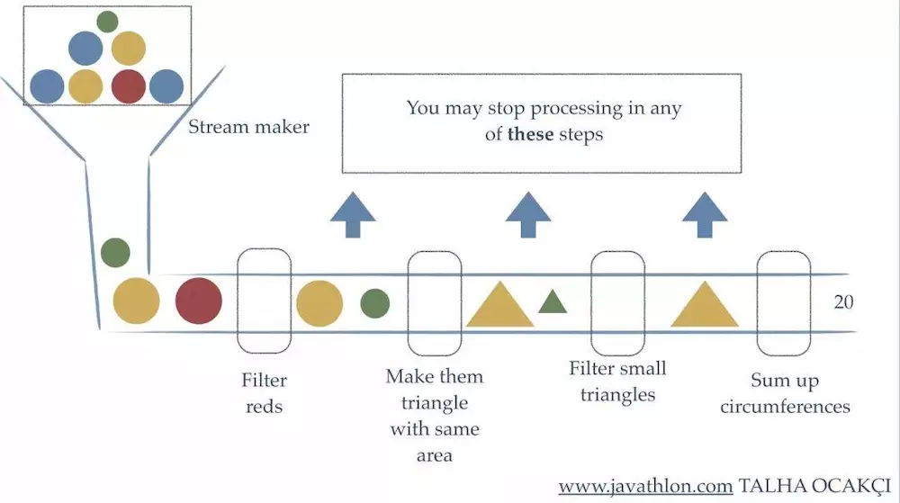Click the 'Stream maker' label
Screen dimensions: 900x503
pyautogui.click(x=248, y=127)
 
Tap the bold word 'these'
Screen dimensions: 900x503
pyautogui.click(x=530, y=134)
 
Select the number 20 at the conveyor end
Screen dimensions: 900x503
pyautogui.click(x=843, y=301)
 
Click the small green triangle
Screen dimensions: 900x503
pyautogui.click(x=553, y=302)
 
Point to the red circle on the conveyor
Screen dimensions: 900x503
pyautogui.click(x=199, y=301)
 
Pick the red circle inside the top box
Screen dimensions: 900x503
pyautogui.click(x=128, y=86)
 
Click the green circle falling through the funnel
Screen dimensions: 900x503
pyautogui.click(x=115, y=252)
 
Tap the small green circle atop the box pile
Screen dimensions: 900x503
pyautogui.click(x=107, y=22)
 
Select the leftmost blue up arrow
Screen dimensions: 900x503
pyautogui.click(x=353, y=214)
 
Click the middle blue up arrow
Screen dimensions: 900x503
pyautogui.click(x=528, y=214)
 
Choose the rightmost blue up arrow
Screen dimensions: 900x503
pyautogui.click(x=705, y=214)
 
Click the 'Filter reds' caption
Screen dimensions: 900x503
pyautogui.click(x=264, y=393)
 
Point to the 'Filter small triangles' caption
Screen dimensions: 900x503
pyautogui.click(x=617, y=381)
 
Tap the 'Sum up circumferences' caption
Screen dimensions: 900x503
pyautogui.click(x=785, y=393)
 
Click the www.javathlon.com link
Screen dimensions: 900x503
pyautogui.click(x=645, y=487)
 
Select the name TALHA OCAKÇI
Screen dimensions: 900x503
pyautogui.click(x=814, y=487)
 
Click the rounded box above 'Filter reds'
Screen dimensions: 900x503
pyautogui.click(x=238, y=301)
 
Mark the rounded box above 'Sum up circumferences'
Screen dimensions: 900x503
pyautogui.click(x=757, y=303)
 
